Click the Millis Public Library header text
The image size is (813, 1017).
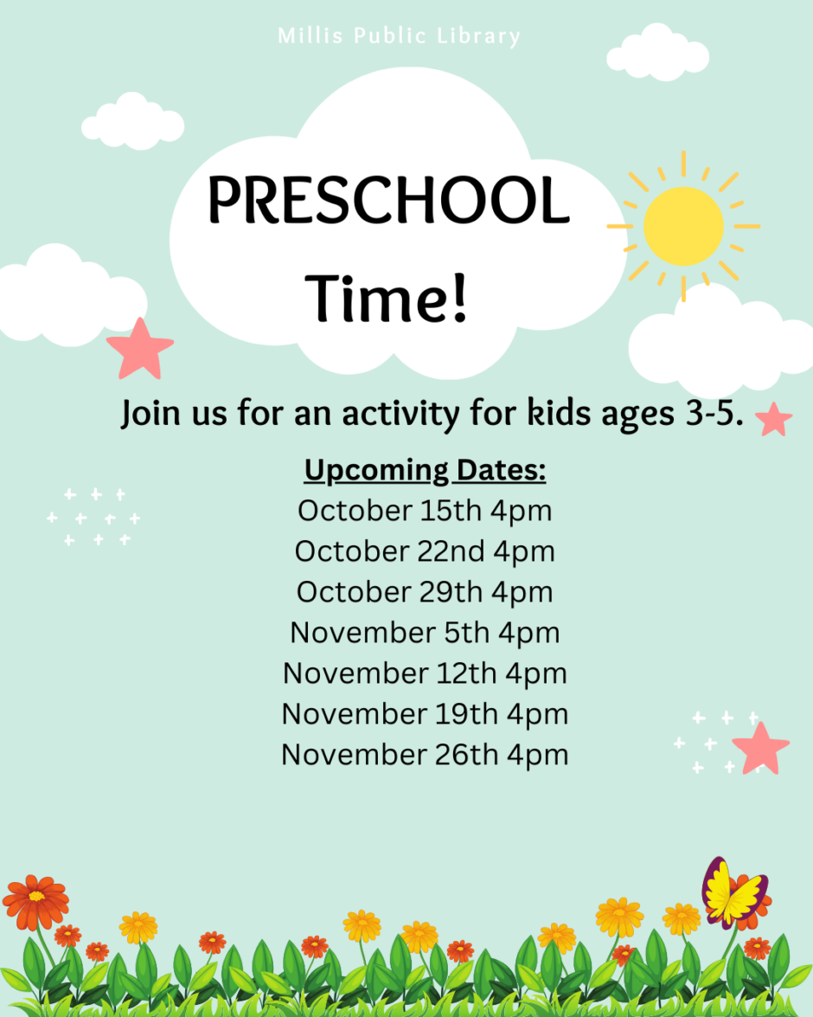399,35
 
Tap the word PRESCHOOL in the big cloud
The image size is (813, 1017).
388,200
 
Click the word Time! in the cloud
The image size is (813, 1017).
387,298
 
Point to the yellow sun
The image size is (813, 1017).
683,227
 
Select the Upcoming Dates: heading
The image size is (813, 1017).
425,470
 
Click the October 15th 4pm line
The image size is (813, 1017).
425,511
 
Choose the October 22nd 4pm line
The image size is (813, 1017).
425,552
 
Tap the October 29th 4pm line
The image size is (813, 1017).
425,592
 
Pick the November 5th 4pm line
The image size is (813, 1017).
425,633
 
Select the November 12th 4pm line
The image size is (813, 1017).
425,674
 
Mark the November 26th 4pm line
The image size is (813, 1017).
425,755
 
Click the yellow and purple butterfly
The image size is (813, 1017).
734,891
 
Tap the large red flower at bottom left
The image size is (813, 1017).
35,902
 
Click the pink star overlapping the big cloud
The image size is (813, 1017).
140,350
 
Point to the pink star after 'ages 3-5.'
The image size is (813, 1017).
773,420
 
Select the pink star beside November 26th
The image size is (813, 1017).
760,750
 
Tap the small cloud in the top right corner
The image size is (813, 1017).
657,52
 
